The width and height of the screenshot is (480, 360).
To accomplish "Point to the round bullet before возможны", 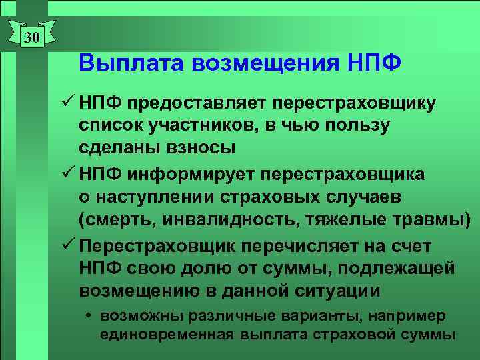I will tap(87, 315).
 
